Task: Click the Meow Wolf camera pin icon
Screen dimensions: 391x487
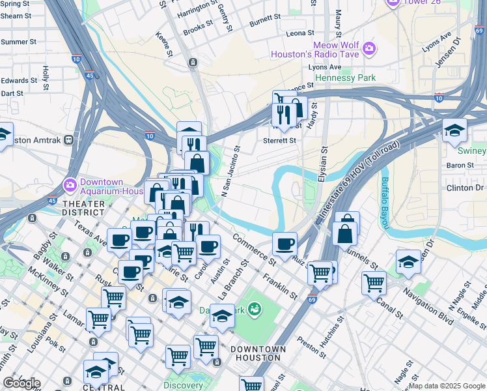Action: [369, 49]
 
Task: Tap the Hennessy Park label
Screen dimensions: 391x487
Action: [345, 78]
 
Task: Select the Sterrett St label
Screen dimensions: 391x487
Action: [279, 140]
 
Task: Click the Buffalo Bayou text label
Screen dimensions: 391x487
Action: [385, 203]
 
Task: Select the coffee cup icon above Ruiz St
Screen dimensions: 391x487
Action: [285, 244]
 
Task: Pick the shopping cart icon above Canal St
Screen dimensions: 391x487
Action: [374, 283]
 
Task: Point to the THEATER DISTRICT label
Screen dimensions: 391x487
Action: [83, 208]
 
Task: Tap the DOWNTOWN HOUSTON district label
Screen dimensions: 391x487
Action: [259, 353]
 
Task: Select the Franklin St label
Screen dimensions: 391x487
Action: [280, 286]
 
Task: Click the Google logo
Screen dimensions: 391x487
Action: [21, 383]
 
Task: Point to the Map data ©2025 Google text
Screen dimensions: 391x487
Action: [447, 386]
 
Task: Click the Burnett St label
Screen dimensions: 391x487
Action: [264, 20]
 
